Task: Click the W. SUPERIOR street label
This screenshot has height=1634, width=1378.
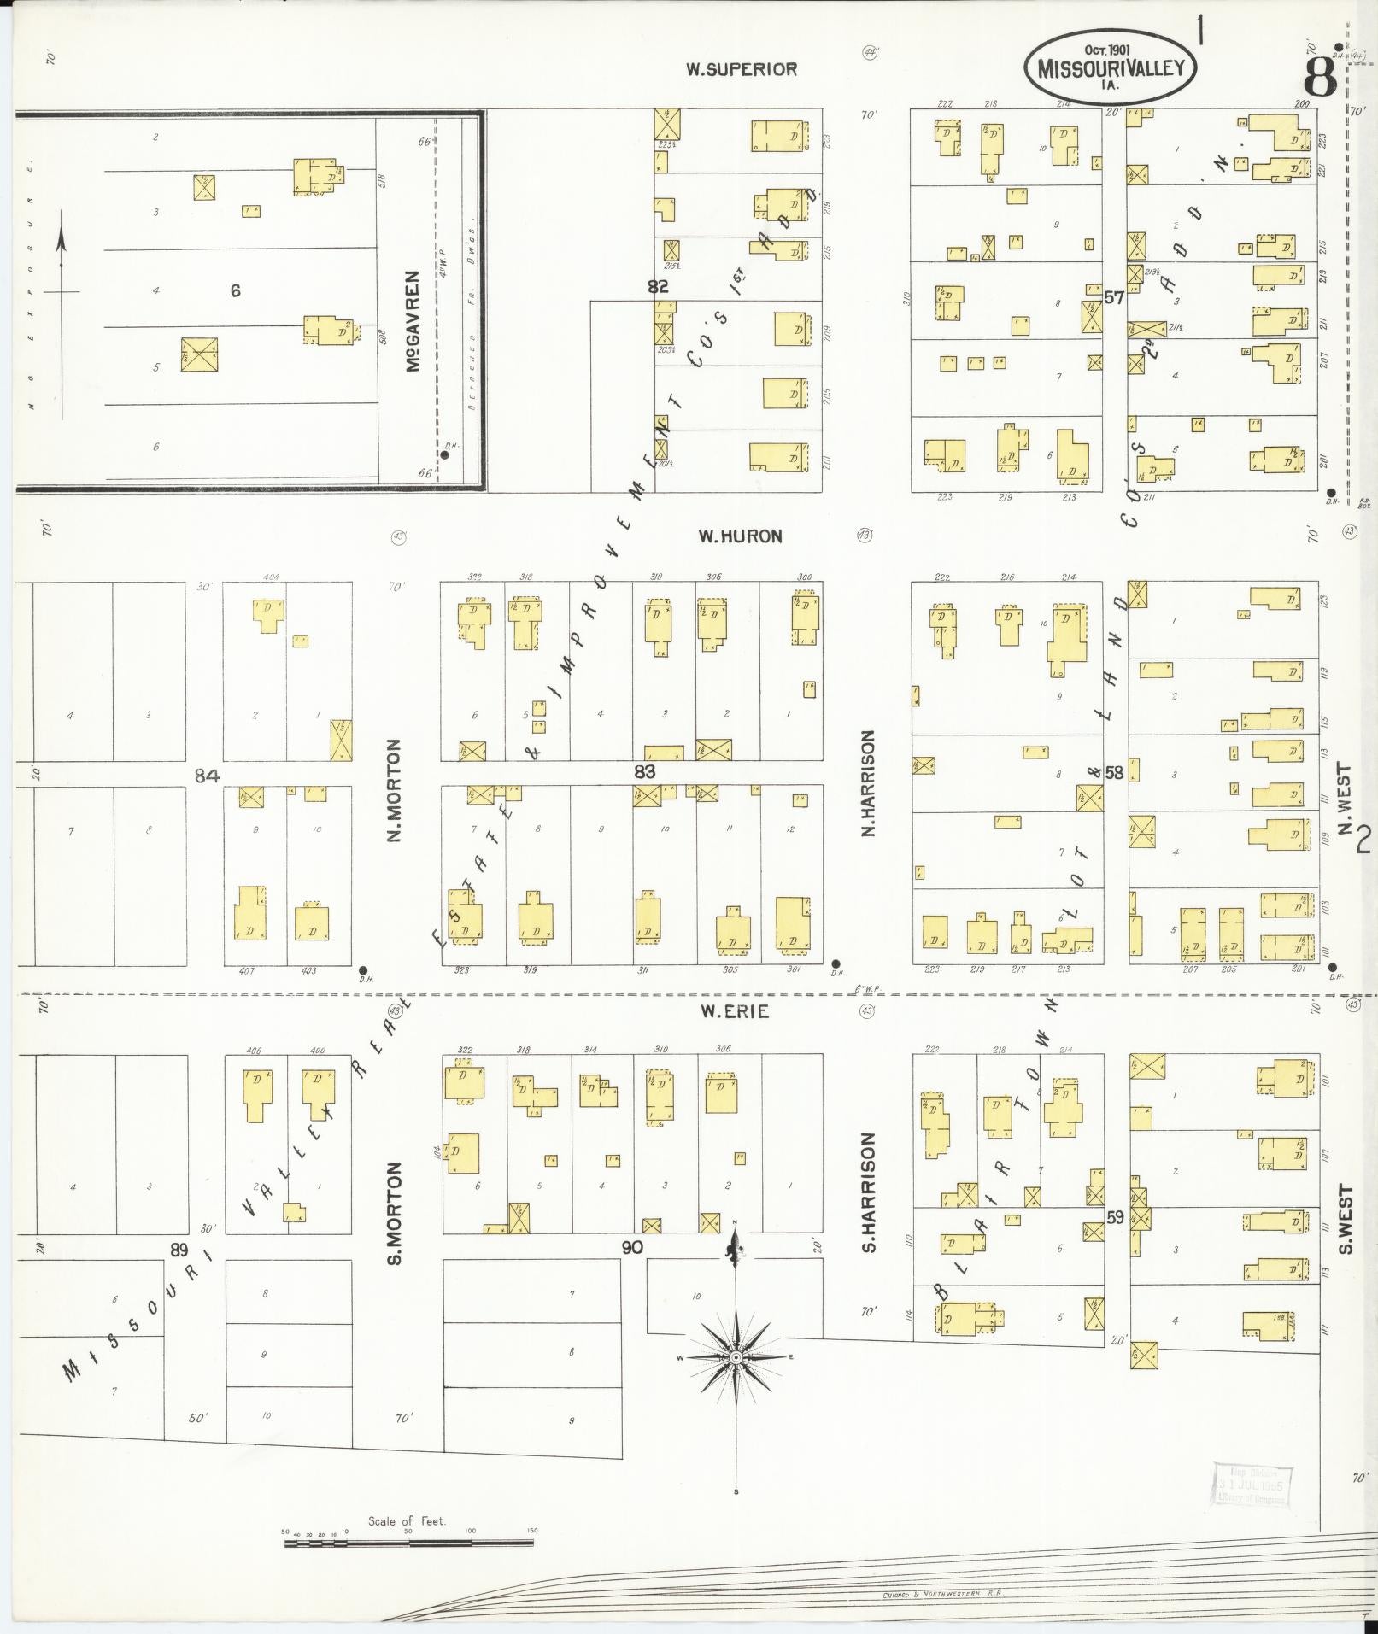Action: [742, 70]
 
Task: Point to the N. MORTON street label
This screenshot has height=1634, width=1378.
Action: [394, 790]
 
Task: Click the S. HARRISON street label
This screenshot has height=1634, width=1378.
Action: [869, 1193]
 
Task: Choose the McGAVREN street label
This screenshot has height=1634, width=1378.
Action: [413, 321]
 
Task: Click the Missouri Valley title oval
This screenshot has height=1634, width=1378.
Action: [1111, 67]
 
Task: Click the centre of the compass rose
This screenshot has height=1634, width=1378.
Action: [736, 1381]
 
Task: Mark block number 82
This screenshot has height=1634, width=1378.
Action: [658, 287]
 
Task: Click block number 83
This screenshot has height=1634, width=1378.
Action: [645, 772]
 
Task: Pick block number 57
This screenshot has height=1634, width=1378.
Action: [1113, 298]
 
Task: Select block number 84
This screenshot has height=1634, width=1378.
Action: [207, 776]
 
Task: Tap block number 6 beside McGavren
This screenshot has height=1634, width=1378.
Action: [235, 291]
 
